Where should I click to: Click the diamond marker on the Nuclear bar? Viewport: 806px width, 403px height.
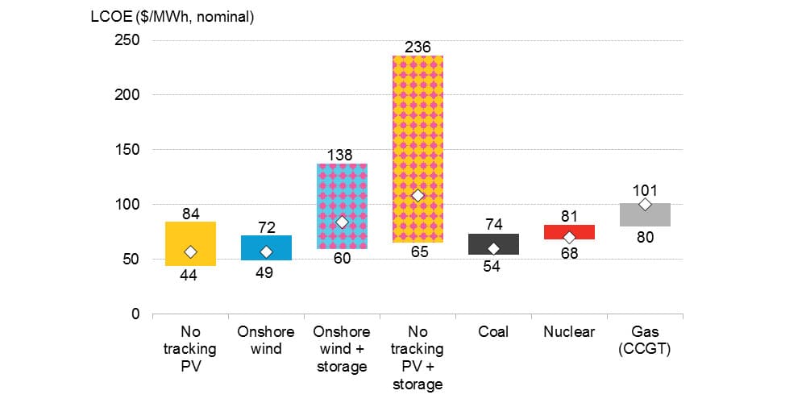pos(569,238)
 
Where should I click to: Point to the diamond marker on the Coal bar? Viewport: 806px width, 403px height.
pos(493,249)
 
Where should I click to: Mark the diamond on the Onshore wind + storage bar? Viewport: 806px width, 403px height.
pos(342,222)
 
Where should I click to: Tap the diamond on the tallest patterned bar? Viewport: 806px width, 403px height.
pos(418,196)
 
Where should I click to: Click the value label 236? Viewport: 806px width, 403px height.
pos(418,47)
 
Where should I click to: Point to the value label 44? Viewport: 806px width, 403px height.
pos(189,275)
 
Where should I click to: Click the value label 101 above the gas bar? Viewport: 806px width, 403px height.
pos(645,191)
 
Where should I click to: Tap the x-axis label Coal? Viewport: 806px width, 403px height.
pos(493,331)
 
